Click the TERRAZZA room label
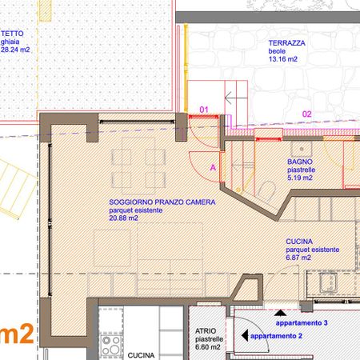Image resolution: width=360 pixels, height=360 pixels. click(x=286, y=43)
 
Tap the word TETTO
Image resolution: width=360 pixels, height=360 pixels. click(x=12, y=34)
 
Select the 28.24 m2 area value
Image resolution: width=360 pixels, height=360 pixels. click(x=15, y=50)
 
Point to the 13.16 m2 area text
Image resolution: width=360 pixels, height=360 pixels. click(x=283, y=59)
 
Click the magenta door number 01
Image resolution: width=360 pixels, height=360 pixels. click(x=204, y=110)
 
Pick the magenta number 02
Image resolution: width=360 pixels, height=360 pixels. click(x=307, y=114)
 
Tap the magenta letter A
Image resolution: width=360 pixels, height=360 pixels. click(x=213, y=167)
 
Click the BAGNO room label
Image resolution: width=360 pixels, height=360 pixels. click(x=300, y=162)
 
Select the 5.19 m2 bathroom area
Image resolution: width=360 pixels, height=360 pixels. click(x=300, y=178)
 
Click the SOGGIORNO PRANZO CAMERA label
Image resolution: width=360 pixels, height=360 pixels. click(x=162, y=202)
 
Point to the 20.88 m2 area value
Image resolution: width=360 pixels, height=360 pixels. click(x=123, y=218)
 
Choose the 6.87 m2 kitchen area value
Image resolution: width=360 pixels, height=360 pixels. click(x=298, y=258)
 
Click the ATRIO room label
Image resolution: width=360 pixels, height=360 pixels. click(x=206, y=331)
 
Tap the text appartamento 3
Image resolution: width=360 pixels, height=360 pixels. click(x=302, y=323)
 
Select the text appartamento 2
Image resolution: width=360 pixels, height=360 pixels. click(x=276, y=336)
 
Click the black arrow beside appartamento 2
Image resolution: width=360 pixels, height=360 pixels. click(x=245, y=335)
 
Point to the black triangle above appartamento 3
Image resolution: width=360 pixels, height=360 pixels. click(x=280, y=313)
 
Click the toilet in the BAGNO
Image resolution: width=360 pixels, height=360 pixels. click(x=267, y=190)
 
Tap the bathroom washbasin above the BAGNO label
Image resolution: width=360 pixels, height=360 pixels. click(x=302, y=149)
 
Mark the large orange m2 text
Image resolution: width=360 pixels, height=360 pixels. click(x=17, y=334)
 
